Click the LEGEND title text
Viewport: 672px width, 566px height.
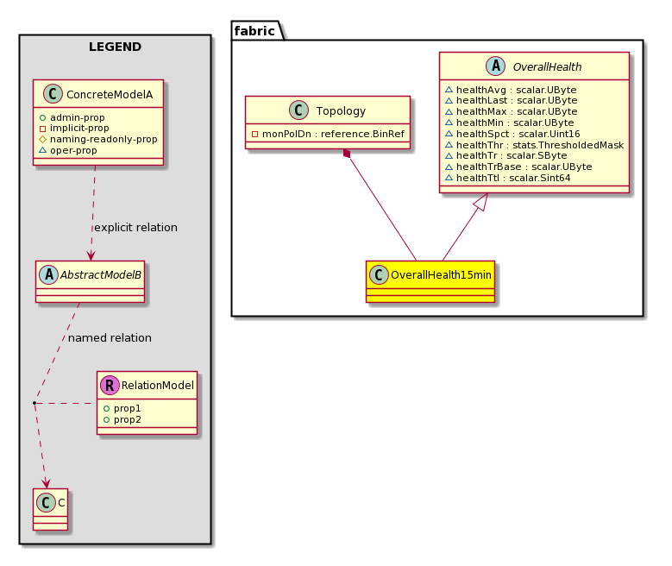pyautogui.click(x=115, y=47)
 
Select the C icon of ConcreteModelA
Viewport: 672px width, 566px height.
pyautogui.click(x=53, y=94)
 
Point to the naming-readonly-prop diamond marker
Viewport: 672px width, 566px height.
pyautogui.click(x=42, y=139)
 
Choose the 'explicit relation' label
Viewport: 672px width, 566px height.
pyautogui.click(x=135, y=227)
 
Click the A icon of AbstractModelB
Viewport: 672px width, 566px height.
pyautogui.click(x=48, y=275)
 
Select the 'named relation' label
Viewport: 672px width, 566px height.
pyautogui.click(x=110, y=338)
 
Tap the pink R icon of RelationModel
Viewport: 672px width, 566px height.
pyautogui.click(x=110, y=385)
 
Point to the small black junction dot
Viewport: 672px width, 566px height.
pyautogui.click(x=35, y=403)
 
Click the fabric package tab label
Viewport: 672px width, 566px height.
pyautogui.click(x=254, y=31)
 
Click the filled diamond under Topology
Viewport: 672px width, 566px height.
pyautogui.click(x=347, y=154)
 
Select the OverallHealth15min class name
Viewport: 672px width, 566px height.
pyautogui.click(x=441, y=275)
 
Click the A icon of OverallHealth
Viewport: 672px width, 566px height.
pyautogui.click(x=495, y=66)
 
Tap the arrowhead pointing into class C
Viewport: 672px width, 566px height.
pyautogui.click(x=46, y=483)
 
